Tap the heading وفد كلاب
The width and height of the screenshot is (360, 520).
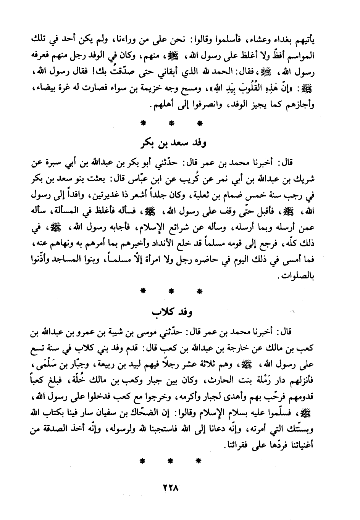[x=172, y=312]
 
